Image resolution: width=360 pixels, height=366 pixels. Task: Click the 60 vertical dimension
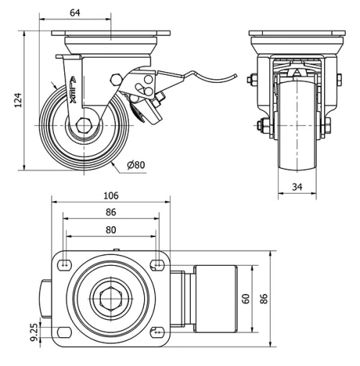click(x=247, y=298)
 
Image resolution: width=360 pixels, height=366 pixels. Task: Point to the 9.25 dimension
click(x=33, y=331)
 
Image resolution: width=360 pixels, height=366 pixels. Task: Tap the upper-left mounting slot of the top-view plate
click(x=66, y=264)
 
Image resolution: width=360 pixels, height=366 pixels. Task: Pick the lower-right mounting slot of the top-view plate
click(x=156, y=332)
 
